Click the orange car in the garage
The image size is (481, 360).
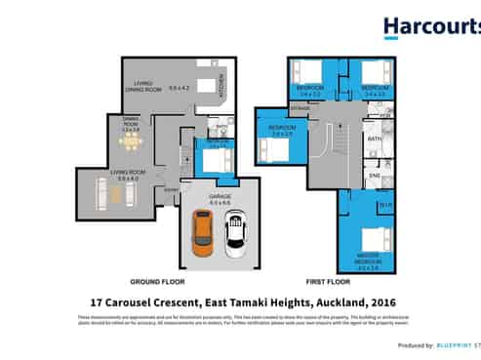point(202,233)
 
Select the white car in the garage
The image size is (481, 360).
point(235,235)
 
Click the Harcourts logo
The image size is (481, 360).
point(430,27)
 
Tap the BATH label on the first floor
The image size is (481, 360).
point(373,140)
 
